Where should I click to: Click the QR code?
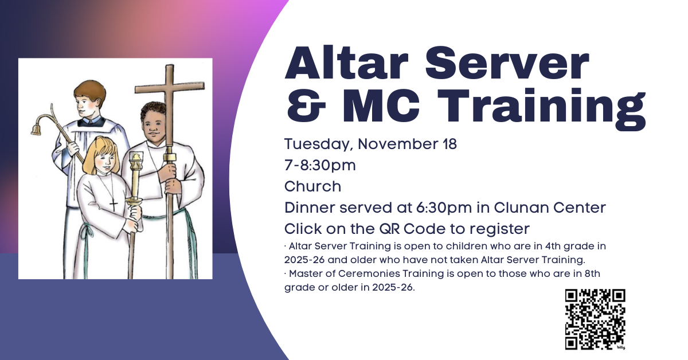(595, 319)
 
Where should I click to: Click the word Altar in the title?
(347, 63)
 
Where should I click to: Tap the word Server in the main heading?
(507, 63)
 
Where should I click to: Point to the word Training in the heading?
(542, 109)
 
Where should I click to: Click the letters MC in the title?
(381, 105)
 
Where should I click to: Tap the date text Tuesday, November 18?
(370, 144)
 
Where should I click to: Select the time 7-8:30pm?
(320, 165)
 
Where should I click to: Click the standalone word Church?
(312, 186)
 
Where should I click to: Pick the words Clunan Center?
(550, 208)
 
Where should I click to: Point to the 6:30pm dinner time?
(444, 208)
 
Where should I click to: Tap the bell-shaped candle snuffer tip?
(36, 130)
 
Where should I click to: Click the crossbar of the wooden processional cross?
(170, 88)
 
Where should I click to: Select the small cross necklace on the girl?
(114, 205)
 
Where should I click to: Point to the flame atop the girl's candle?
(136, 156)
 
